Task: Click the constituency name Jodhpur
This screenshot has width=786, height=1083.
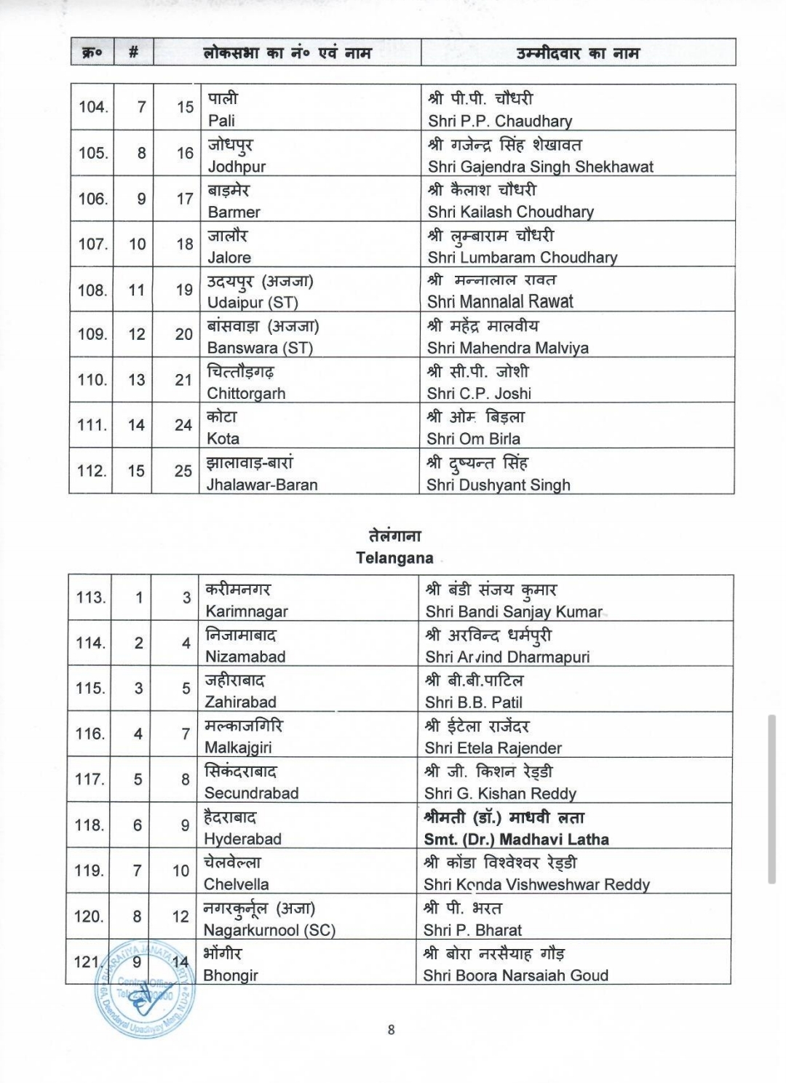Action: coord(237,167)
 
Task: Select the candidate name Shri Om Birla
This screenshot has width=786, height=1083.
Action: coord(473,439)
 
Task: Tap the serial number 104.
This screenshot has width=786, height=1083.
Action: coord(93,107)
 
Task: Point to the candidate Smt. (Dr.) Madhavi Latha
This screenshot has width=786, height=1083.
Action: coord(517,839)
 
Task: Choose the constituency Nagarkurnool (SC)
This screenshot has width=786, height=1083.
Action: coord(269,930)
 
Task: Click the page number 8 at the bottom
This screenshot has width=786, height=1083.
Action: coord(392,1029)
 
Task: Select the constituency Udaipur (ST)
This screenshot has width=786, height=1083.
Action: coord(253,303)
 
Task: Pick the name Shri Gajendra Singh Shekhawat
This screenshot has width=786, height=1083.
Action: coord(540,167)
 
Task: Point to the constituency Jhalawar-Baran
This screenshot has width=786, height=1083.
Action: coord(262,485)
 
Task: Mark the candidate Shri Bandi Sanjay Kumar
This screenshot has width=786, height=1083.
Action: coord(514,612)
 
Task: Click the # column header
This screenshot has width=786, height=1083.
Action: coord(133,53)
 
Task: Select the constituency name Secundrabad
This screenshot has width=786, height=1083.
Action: coord(251,793)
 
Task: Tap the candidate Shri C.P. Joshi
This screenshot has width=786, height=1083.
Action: coord(479,394)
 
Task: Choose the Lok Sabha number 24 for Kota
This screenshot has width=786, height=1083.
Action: coord(183,426)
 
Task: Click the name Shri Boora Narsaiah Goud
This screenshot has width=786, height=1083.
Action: coord(515,975)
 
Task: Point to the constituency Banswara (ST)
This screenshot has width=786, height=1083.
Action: coord(260,348)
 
